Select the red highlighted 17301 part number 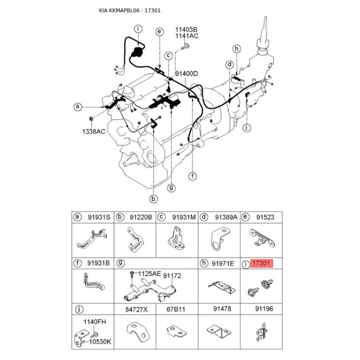click(x=261, y=263)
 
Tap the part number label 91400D click(x=186, y=74)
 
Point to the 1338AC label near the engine click(x=94, y=131)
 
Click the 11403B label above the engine click(x=186, y=30)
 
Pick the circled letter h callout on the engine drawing click(x=236, y=49)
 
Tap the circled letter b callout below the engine click(x=153, y=198)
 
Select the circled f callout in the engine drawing click(x=193, y=176)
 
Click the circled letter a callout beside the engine click(x=77, y=107)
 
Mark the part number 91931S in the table click(x=99, y=217)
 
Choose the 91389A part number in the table click(x=226, y=217)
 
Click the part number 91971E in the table click(x=223, y=263)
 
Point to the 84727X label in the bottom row click(x=137, y=310)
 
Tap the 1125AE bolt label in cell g click(x=149, y=274)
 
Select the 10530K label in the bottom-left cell click(x=100, y=342)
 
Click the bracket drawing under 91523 click(x=262, y=239)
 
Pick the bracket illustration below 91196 click(x=261, y=332)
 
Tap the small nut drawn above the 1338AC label click(x=91, y=118)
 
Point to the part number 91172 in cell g click(x=172, y=276)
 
